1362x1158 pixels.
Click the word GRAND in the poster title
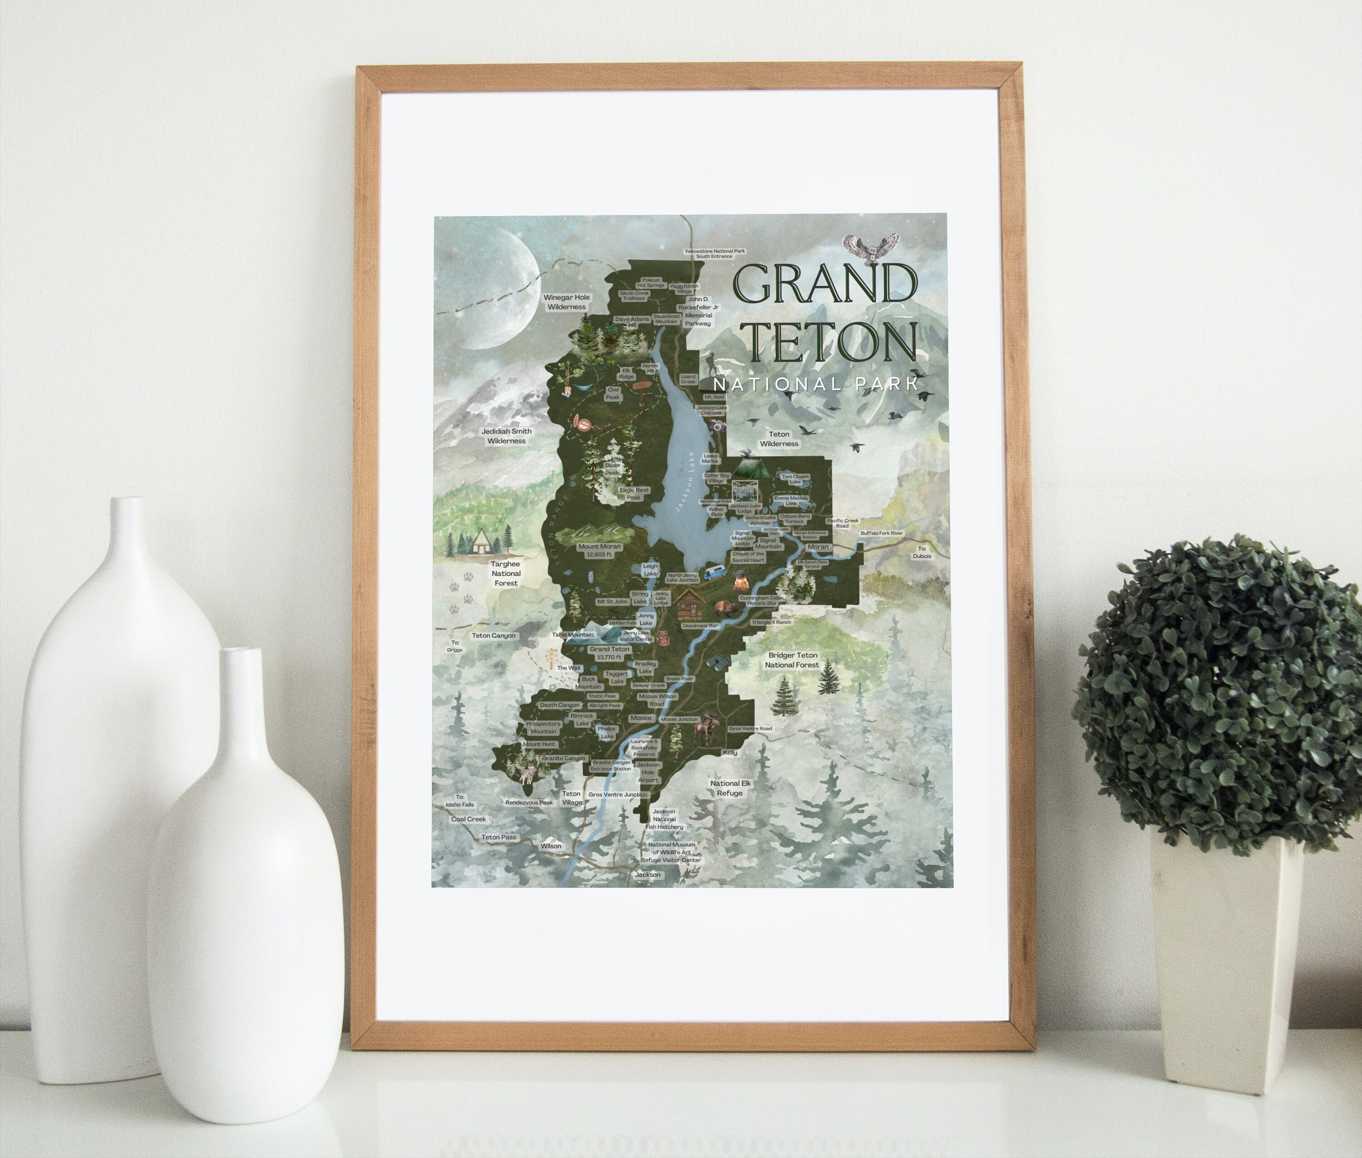point(824,283)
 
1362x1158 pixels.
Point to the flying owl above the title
point(870,248)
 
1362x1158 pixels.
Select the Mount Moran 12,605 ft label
point(599,550)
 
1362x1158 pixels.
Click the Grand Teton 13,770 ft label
point(610,653)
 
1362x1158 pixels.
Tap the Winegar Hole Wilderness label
point(567,302)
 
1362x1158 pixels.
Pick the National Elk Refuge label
point(730,788)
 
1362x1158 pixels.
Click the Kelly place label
point(730,752)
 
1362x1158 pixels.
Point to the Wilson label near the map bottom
point(551,846)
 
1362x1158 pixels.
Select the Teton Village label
point(571,797)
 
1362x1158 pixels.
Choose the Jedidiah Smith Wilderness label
point(506,436)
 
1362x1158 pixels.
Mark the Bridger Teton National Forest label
point(792,660)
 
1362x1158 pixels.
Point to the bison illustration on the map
point(726,608)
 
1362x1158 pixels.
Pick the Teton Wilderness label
point(779,439)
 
